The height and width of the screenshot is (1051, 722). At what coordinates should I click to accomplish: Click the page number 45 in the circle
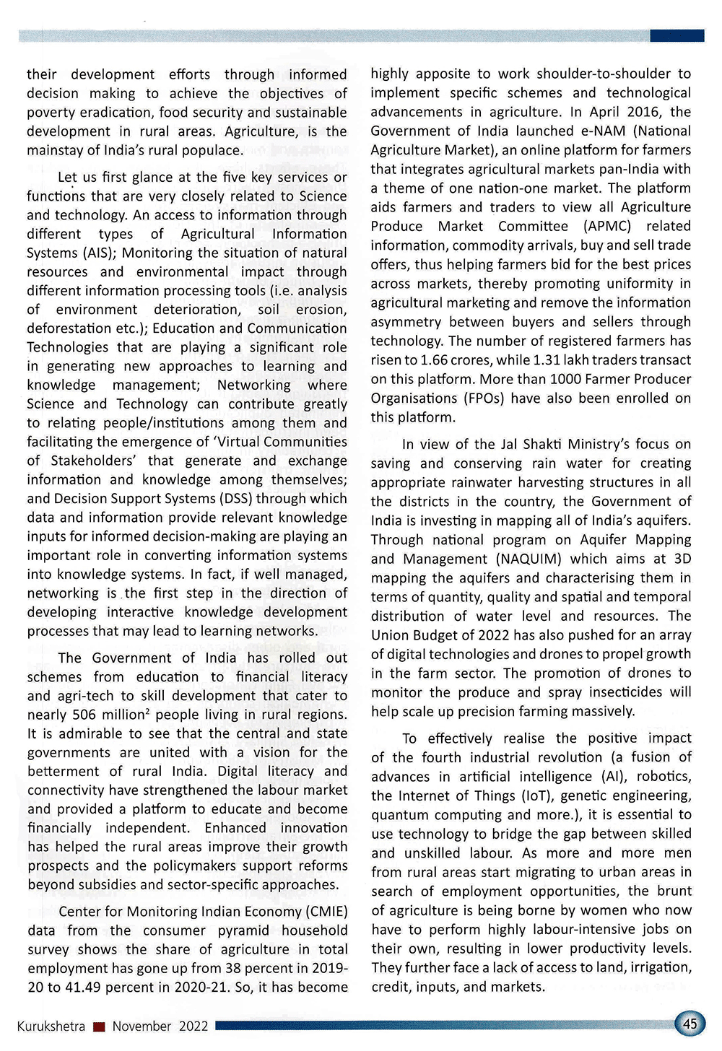click(690, 1024)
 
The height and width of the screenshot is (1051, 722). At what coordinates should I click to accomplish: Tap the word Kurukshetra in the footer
click(51, 1026)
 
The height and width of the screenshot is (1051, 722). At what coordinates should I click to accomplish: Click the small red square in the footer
click(100, 1026)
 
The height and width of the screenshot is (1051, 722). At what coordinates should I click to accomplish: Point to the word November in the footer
click(142, 1026)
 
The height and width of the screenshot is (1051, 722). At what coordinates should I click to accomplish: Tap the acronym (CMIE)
click(327, 911)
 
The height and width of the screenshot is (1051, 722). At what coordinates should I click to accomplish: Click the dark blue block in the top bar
click(677, 35)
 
